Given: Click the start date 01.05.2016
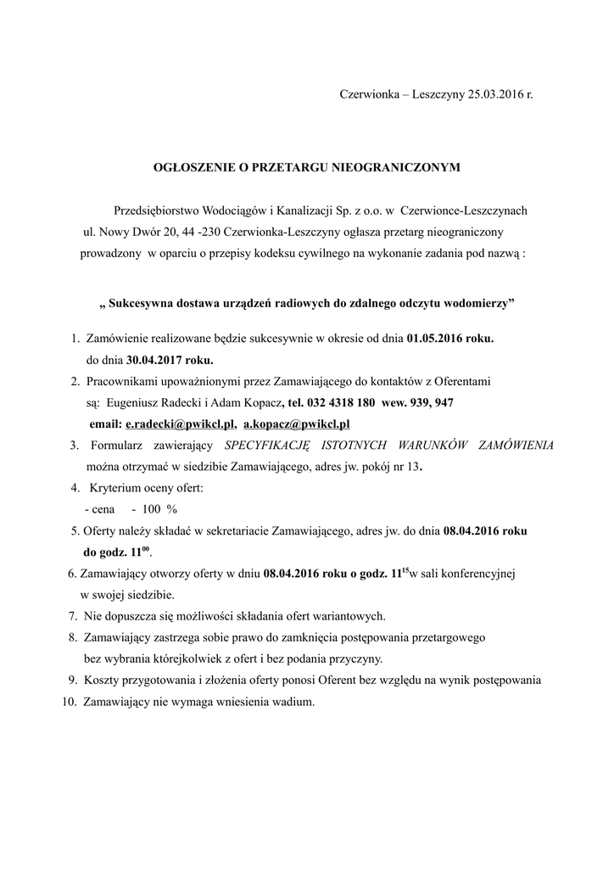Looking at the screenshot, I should [436, 339].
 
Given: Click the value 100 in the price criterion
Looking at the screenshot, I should [152, 509].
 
